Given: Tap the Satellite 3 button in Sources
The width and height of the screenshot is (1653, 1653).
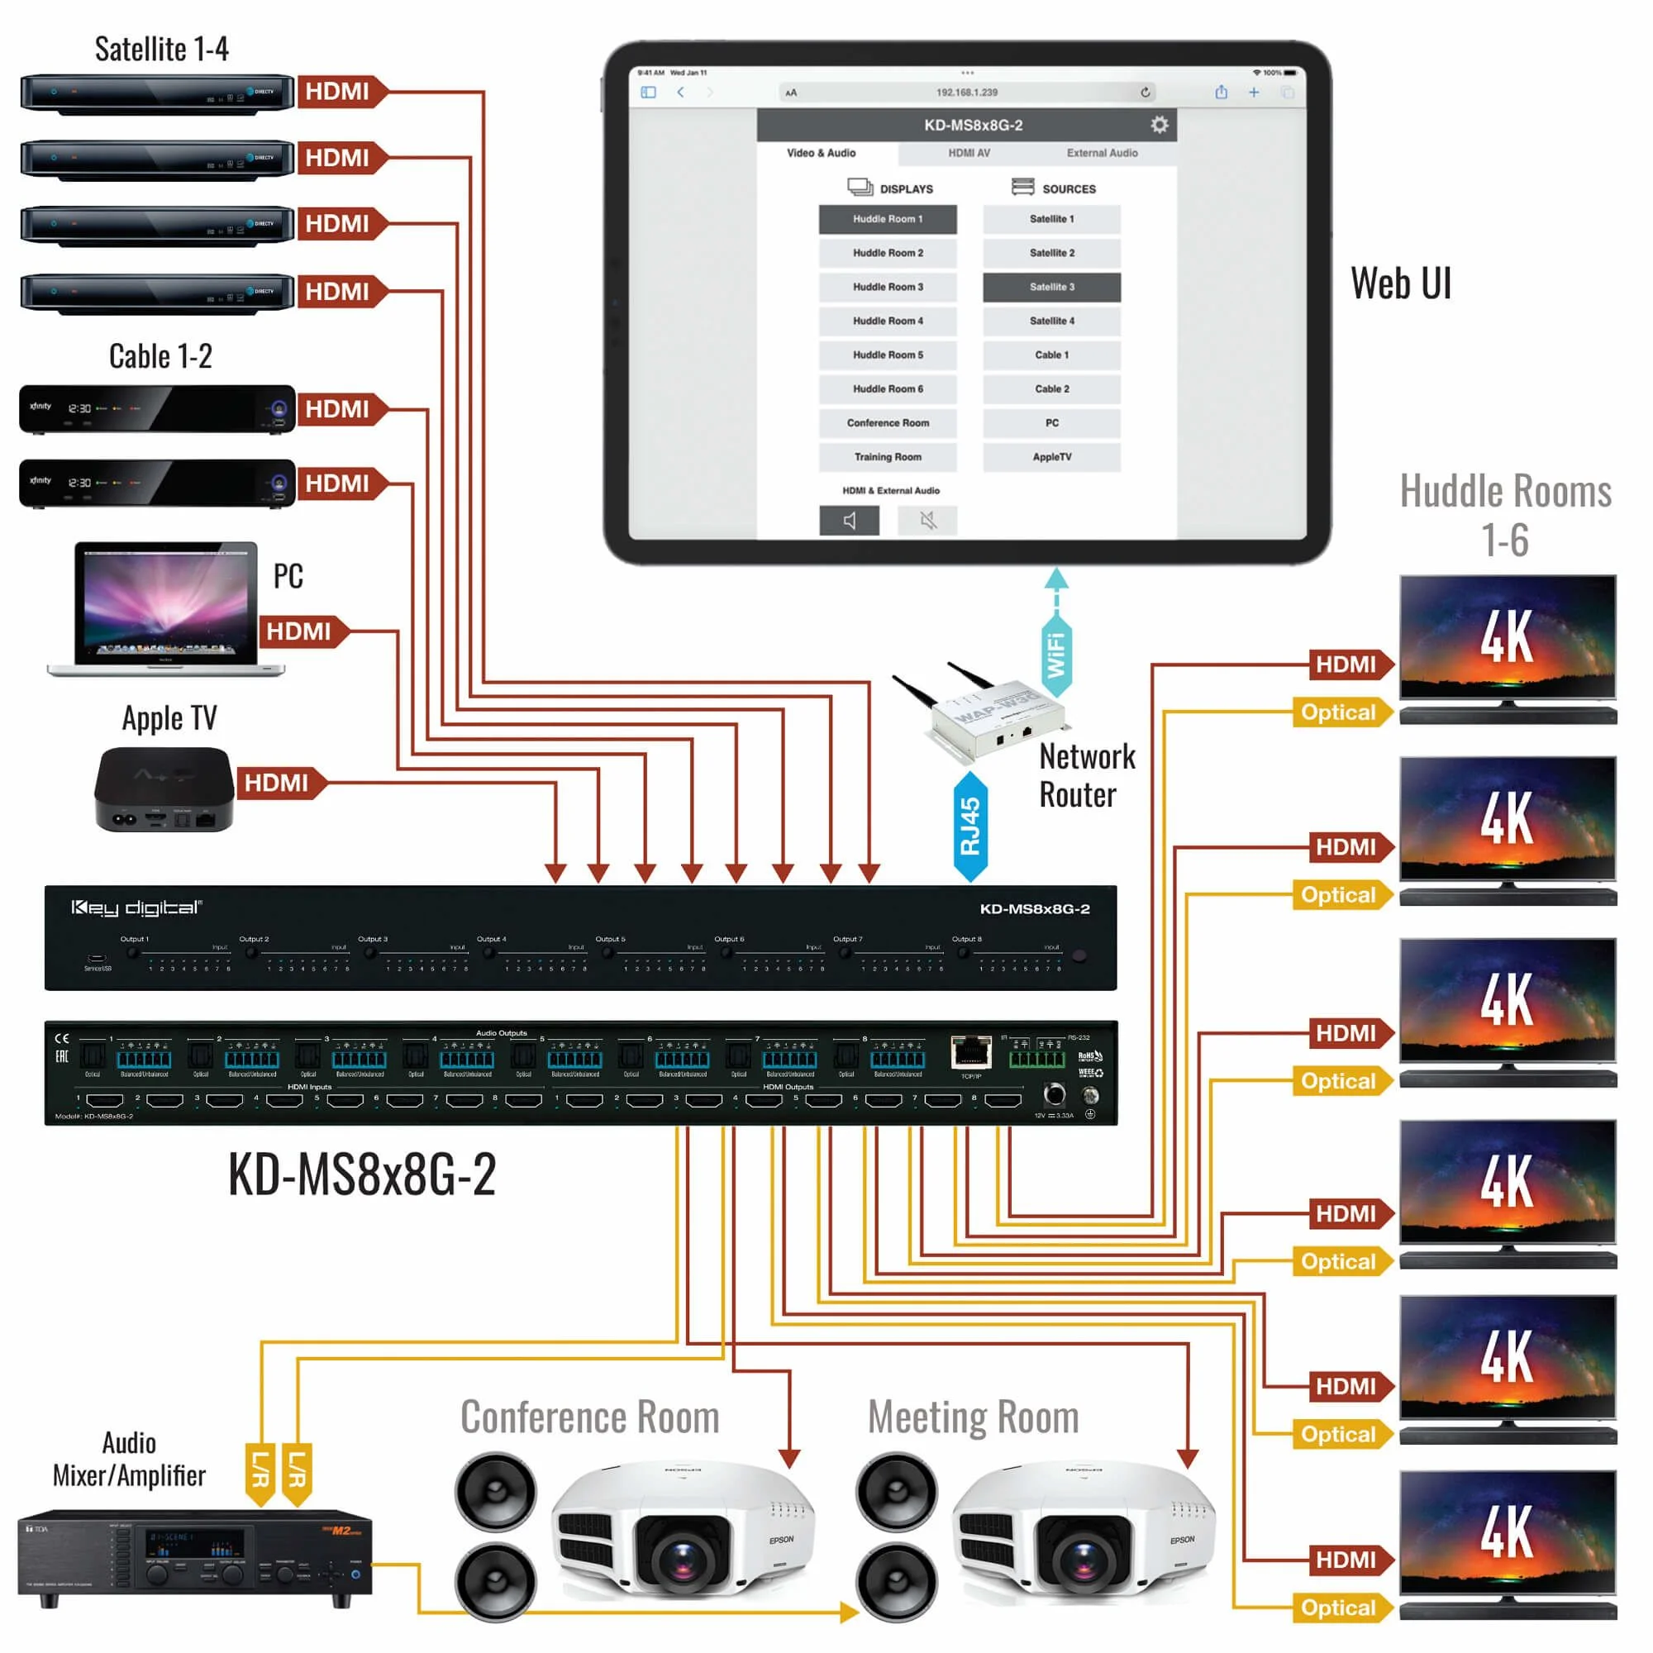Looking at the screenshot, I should pos(1050,288).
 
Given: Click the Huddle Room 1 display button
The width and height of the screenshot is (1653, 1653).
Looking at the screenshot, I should pos(887,219).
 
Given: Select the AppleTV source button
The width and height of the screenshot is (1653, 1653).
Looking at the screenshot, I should pos(1050,457).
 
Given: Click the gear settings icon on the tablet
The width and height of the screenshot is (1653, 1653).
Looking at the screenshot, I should pos(1159,125).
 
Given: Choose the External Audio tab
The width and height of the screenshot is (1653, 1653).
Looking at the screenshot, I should pos(1101,153).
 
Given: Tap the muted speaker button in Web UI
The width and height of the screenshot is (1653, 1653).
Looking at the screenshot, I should pos(927,520).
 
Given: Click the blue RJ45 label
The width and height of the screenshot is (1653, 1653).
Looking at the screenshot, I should pos(970,826).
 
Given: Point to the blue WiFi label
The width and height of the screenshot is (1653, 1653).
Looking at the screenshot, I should pos(1056,655).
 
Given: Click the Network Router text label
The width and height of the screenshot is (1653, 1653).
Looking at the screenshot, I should pos(1087,775).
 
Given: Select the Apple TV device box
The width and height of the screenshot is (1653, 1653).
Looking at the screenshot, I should pos(163,788).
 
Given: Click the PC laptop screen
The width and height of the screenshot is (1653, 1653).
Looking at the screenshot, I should pos(166,603).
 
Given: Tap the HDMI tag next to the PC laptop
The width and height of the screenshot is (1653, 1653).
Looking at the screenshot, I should pos(298,631).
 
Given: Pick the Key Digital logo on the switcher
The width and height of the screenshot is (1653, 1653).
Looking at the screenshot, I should pos(137,907).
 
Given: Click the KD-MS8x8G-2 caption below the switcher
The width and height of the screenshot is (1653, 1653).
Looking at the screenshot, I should pos(362,1174).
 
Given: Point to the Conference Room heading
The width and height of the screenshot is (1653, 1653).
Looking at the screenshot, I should pos(589,1417).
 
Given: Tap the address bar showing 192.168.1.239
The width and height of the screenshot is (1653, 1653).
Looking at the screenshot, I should pos(966,93).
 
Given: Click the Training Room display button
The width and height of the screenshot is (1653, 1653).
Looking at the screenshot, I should pos(887,457).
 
